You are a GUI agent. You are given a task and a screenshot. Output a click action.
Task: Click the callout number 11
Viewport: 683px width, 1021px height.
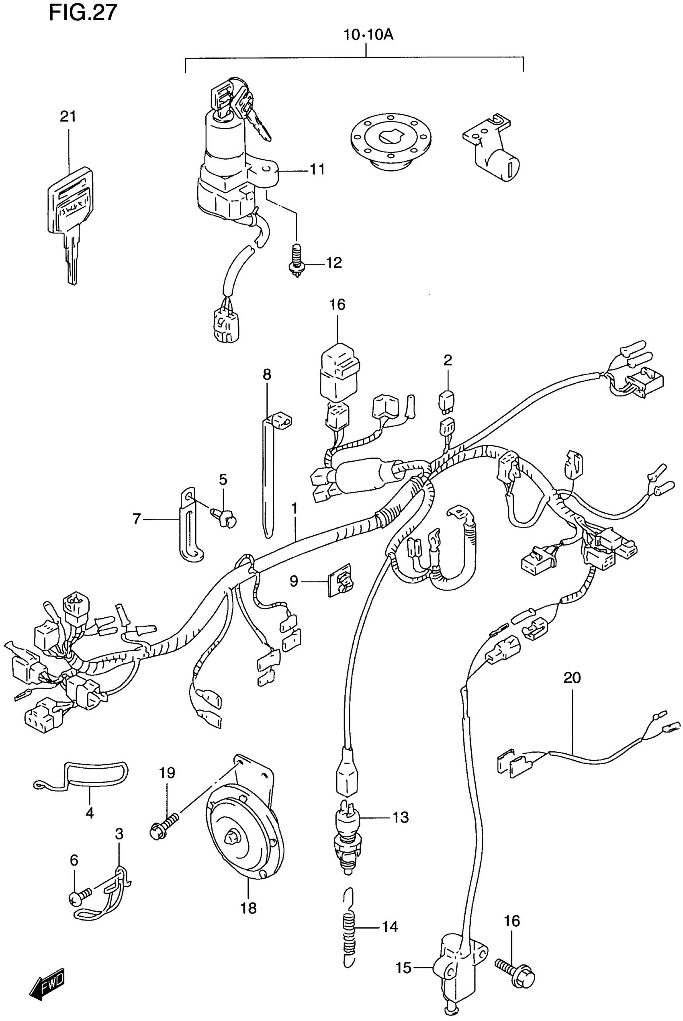[317, 169]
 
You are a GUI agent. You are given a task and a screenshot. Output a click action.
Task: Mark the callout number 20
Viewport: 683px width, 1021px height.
[572, 678]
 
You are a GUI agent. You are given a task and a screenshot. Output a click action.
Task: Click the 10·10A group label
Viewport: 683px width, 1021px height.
[368, 35]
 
